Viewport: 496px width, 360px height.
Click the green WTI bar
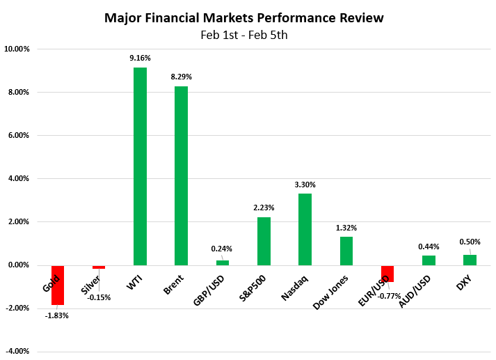(x=140, y=166)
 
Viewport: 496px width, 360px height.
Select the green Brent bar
(x=181, y=175)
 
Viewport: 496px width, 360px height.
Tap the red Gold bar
(x=57, y=285)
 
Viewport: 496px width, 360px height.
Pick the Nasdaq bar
(x=305, y=229)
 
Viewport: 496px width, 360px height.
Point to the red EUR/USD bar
(x=387, y=274)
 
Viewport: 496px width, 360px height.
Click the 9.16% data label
(x=140, y=58)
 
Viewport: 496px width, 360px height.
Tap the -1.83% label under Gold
(x=57, y=315)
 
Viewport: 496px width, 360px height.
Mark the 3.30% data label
(x=305, y=185)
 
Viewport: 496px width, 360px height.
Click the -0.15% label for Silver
(x=98, y=297)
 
